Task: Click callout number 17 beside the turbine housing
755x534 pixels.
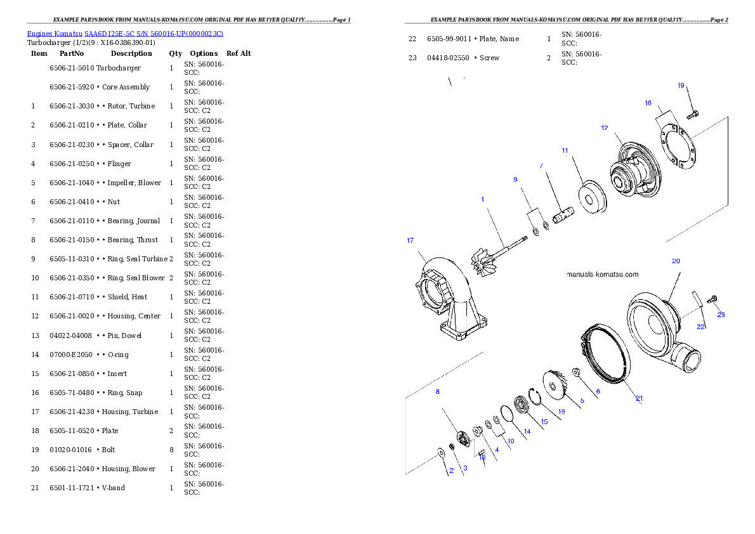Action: coord(410,240)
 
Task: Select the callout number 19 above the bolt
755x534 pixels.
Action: coord(681,86)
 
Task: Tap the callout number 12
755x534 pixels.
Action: coord(605,127)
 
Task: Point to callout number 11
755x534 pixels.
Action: coord(565,150)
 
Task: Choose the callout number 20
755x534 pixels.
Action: coord(676,261)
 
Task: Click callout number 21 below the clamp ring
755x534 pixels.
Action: coord(640,398)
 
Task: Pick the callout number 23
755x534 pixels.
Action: coord(721,314)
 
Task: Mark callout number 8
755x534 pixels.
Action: coord(437,392)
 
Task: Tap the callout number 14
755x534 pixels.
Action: coord(527,431)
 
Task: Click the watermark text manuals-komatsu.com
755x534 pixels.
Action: coord(602,275)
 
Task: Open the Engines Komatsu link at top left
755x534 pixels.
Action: coord(125,34)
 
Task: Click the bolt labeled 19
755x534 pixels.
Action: coord(693,115)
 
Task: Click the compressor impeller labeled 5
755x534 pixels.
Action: coord(557,384)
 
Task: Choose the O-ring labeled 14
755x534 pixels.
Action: coord(506,414)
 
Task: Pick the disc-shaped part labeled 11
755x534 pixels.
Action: coord(592,200)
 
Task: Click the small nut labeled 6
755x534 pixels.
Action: coord(577,372)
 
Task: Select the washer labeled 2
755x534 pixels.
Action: coord(440,453)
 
